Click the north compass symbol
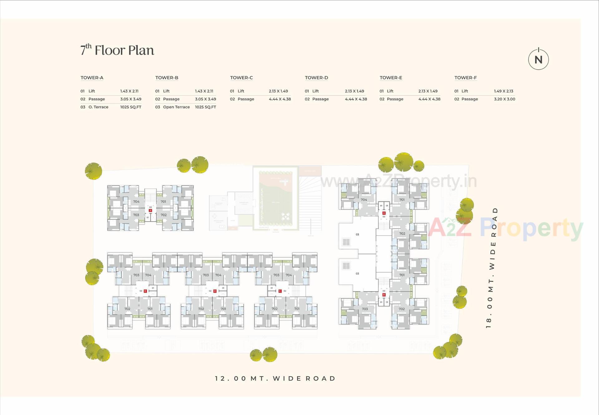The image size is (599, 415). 538,59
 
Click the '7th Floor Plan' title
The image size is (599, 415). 117,50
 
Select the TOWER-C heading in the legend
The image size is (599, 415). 241,77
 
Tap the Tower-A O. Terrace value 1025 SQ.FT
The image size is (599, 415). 130,107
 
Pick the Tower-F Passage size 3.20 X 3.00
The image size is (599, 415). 504,99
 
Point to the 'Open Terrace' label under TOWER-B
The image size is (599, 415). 176,107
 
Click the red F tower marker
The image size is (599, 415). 150,211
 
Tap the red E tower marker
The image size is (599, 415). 145,291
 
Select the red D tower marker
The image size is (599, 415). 215,291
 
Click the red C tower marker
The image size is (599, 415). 280,291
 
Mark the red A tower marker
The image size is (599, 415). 384,213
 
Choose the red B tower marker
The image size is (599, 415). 384,295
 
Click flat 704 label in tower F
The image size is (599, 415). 136,202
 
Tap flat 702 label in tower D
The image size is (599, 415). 201,309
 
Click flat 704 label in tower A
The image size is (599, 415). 364,199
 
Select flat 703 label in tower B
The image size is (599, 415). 365,309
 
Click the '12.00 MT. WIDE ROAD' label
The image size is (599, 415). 275,378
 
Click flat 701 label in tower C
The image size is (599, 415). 297,309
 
